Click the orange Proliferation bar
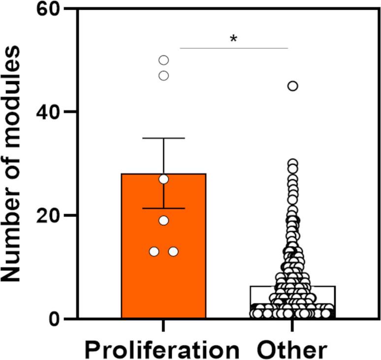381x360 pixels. pyautogui.click(x=143, y=275)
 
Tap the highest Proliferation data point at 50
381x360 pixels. pyautogui.click(x=163, y=60)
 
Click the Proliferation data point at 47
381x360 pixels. pyautogui.click(x=163, y=75)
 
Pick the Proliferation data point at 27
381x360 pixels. pyautogui.click(x=163, y=179)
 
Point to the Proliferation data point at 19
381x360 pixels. pyautogui.click(x=163, y=220)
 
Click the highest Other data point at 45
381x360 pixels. pyautogui.click(x=292, y=86)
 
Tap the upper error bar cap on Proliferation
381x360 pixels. pyautogui.click(x=163, y=138)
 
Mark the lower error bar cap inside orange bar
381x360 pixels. pyautogui.click(x=163, y=209)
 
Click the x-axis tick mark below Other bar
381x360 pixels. pyautogui.click(x=292, y=326)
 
